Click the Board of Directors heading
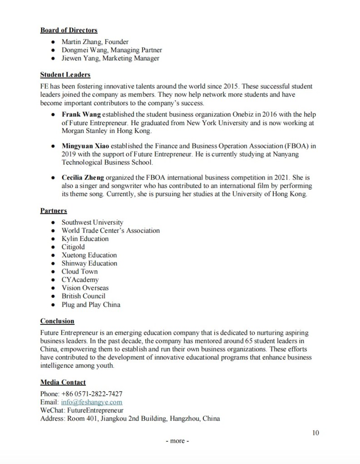coord(69,30)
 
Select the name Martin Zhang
coord(80,42)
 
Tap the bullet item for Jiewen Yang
coord(110,59)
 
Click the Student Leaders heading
coord(65,75)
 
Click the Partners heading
coord(54,210)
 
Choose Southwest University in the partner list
coord(92,222)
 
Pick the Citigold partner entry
coord(73,247)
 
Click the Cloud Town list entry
coord(79,271)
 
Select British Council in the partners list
coord(83,296)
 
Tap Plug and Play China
coord(91,304)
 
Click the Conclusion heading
coord(57,321)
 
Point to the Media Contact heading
coord(63,382)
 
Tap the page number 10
coord(316,432)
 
